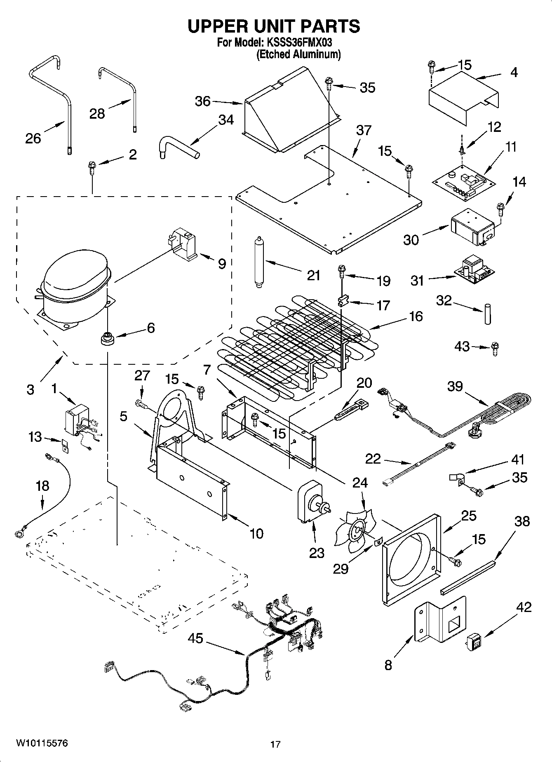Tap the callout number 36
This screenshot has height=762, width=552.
(202, 101)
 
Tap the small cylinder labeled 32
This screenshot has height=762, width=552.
(488, 315)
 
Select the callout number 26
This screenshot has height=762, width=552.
(33, 138)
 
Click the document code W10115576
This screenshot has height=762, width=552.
(42, 743)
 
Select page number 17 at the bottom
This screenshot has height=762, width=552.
(275, 744)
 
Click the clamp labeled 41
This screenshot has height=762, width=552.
(456, 479)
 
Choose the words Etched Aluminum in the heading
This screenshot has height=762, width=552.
(298, 54)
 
